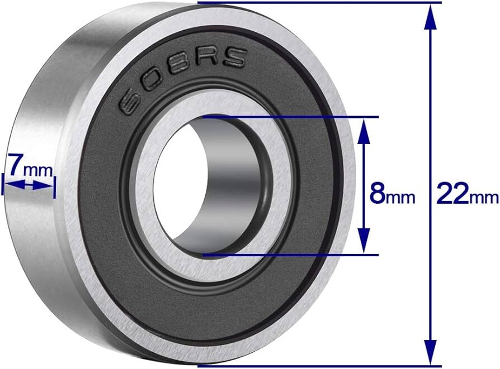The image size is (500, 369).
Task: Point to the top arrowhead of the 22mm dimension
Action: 431,17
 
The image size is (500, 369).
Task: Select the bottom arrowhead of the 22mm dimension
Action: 431,352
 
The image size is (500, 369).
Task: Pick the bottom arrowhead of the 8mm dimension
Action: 364,241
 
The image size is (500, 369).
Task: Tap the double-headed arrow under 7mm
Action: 29,184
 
